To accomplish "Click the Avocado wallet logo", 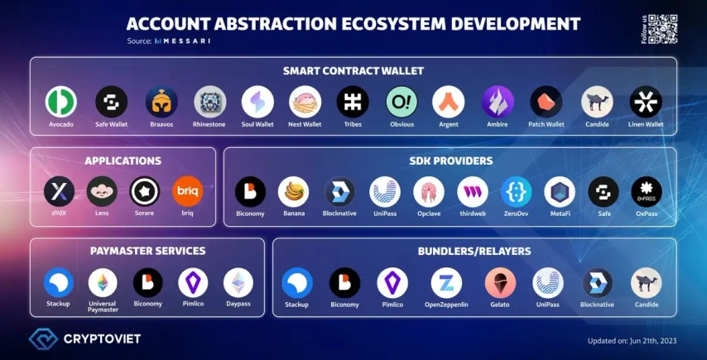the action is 61,102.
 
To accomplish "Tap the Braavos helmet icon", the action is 161,102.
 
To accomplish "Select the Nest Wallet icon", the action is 305,102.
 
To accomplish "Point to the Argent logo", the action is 449,102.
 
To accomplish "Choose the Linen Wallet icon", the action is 646,102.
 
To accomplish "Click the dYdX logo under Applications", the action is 59,191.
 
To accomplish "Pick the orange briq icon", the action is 188,191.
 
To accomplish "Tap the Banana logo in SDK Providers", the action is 294,191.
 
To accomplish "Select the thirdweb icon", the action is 473,191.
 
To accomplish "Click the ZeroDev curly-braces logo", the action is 517,191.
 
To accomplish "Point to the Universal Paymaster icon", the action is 103,282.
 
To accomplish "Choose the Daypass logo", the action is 238,282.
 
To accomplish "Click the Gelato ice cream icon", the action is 501,282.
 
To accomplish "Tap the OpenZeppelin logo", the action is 446,282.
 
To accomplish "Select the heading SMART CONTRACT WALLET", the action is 353,70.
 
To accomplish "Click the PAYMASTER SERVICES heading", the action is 148,251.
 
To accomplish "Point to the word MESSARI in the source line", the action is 185,41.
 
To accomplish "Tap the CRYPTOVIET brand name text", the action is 102,338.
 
